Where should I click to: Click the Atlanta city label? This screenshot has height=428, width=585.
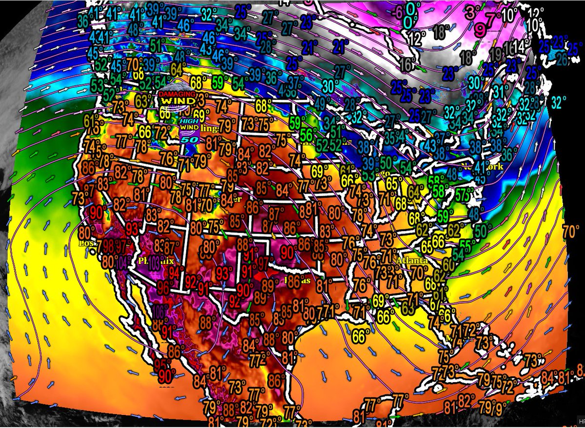pos(412,261)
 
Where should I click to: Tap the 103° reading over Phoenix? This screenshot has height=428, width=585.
pos(155,262)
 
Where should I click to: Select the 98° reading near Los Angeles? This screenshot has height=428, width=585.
pos(109,246)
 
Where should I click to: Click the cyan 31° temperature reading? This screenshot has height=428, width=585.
pos(499,91)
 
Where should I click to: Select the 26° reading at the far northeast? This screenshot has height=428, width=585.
pos(562,59)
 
